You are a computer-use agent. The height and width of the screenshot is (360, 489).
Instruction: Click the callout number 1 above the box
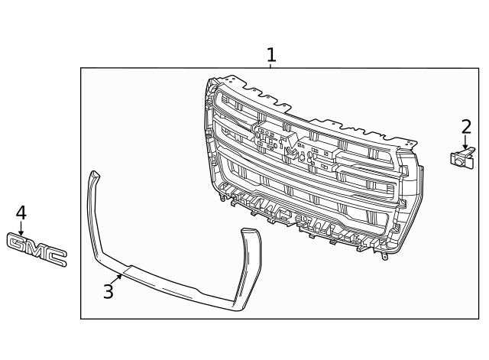[x=270, y=55]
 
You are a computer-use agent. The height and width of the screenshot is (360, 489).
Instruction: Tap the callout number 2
[x=466, y=126]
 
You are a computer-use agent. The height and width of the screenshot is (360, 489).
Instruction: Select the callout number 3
[x=108, y=291]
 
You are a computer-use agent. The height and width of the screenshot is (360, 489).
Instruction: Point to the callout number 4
[x=21, y=213]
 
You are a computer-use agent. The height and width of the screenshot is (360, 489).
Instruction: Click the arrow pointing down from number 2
[x=465, y=143]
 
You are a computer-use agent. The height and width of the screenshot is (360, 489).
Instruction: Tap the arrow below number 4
[x=21, y=229]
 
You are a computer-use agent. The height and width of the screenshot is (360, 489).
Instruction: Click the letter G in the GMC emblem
[x=18, y=244]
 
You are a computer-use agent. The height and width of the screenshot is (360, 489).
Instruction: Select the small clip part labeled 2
[x=461, y=158]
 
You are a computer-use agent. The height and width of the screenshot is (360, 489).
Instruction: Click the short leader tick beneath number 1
[x=270, y=66]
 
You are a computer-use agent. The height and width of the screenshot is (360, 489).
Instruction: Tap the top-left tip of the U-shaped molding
[x=93, y=175]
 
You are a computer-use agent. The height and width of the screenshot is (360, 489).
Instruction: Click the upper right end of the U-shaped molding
[x=251, y=232]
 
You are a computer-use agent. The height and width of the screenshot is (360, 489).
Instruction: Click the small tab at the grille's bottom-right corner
[x=384, y=255]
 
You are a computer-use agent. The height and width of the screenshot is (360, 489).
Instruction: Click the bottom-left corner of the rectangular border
[x=81, y=319]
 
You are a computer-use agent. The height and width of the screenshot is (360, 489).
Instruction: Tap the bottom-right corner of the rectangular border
[x=479, y=319]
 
